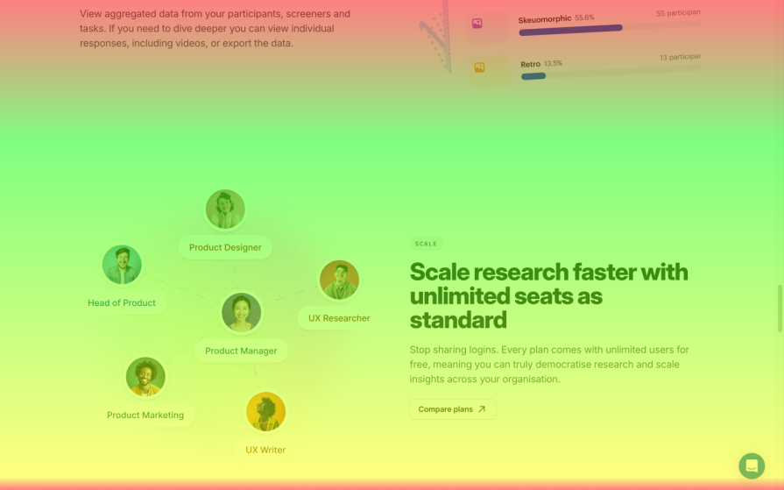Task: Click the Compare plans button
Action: tap(452, 409)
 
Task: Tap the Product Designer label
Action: tap(225, 247)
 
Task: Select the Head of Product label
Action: tap(122, 302)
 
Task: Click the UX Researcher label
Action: tap(339, 318)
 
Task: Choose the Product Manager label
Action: tap(241, 351)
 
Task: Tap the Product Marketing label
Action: tap(145, 415)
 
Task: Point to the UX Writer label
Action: tap(265, 450)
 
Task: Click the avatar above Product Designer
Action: tap(225, 209)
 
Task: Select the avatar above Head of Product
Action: tap(122, 265)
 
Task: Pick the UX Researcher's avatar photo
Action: tap(339, 281)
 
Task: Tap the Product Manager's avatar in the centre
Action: tap(241, 313)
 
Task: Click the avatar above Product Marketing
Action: tap(145, 377)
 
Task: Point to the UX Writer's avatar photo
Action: tap(265, 412)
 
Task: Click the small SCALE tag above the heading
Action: tap(426, 244)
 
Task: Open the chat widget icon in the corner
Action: tap(751, 465)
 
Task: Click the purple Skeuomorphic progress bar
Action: tap(570, 28)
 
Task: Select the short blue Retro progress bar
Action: tap(533, 76)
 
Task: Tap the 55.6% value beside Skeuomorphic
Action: tap(584, 18)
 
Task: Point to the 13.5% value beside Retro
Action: tap(553, 64)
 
